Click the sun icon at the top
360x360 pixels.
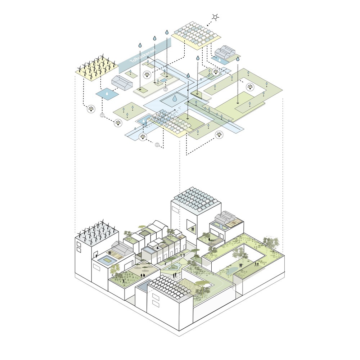[215, 17]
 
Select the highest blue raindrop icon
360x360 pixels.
[167, 32]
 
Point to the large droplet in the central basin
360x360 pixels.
[174, 98]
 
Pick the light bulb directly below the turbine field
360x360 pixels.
[91, 108]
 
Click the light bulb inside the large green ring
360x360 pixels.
[250, 87]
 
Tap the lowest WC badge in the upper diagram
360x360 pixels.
[157, 145]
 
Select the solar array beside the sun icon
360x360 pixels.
[196, 35]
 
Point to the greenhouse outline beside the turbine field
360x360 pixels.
[121, 83]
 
